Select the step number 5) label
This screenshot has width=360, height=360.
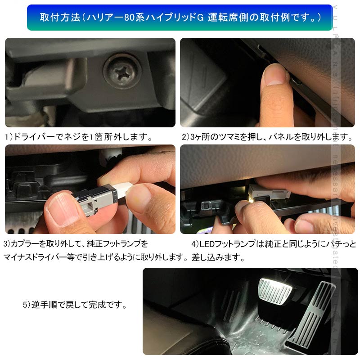pos(27,305)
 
